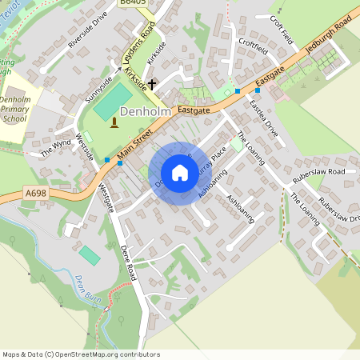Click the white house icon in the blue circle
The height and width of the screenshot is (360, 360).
180,173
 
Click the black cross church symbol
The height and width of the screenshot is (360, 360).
152,83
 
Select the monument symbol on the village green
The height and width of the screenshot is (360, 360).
114,122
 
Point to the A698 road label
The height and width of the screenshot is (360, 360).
35,193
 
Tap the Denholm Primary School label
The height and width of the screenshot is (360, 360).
14,106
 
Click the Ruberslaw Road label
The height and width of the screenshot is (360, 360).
318,171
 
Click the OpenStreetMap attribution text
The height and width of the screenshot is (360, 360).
81,354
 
